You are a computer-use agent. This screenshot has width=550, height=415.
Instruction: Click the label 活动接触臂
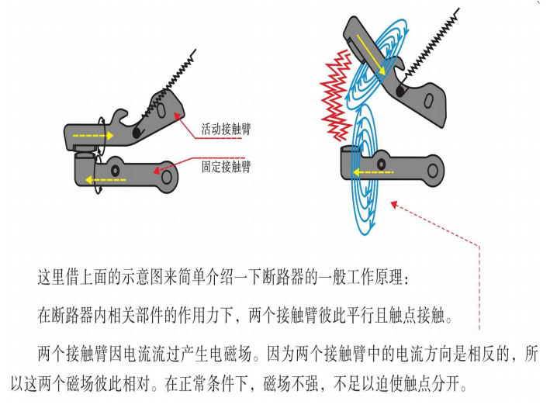[x=227, y=129]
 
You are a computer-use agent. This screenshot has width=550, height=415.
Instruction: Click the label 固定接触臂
[x=227, y=166]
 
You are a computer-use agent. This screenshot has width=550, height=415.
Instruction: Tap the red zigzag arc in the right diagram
[x=336, y=95]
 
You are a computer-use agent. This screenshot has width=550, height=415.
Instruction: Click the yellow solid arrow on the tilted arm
[x=371, y=54]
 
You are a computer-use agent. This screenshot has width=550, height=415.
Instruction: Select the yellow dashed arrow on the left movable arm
[x=93, y=136]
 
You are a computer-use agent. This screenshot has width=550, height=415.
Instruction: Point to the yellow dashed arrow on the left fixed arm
[x=106, y=180]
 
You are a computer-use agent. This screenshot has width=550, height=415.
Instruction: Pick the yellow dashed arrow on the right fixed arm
[x=373, y=172]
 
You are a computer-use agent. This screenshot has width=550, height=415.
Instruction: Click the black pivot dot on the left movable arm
[x=137, y=133]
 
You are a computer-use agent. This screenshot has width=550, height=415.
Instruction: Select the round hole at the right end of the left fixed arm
[x=167, y=176]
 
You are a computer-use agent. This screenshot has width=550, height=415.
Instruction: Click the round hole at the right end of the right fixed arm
[x=433, y=171]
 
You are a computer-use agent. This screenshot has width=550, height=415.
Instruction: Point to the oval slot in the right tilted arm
[x=428, y=101]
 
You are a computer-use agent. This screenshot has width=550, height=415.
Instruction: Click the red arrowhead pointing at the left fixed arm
[x=157, y=171]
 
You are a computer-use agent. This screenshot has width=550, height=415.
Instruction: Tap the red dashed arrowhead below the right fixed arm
[x=394, y=204]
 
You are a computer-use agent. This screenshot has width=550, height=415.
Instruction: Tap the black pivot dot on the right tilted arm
[x=400, y=92]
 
